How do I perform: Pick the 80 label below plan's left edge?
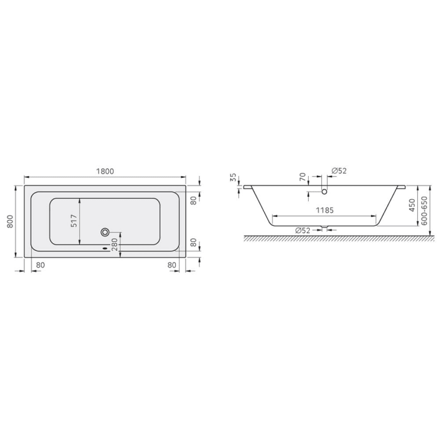[41, 265]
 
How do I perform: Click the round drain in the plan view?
[104, 231]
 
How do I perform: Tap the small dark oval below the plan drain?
[104, 247]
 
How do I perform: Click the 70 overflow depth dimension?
[302, 178]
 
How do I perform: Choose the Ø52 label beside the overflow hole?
[339, 171]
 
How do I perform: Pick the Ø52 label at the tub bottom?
[303, 230]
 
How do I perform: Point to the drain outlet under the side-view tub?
[325, 228]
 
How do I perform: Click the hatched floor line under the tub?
[333, 238]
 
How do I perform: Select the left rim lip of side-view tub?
[248, 187]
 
